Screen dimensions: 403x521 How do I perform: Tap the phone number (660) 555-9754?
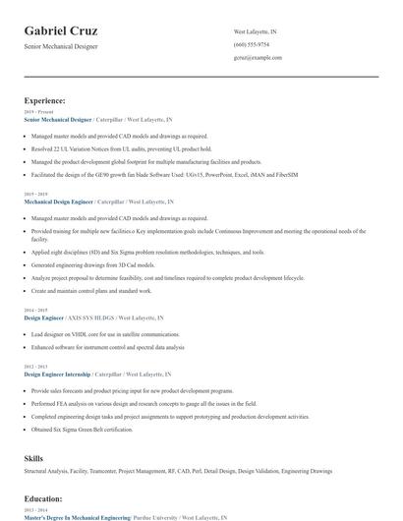pos(251,45)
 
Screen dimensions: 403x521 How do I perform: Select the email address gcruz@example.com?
pos(258,58)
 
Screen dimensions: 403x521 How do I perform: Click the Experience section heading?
pos(45,100)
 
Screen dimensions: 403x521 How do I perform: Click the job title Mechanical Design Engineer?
pos(58,201)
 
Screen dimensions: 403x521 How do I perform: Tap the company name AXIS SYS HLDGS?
pos(92,318)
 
